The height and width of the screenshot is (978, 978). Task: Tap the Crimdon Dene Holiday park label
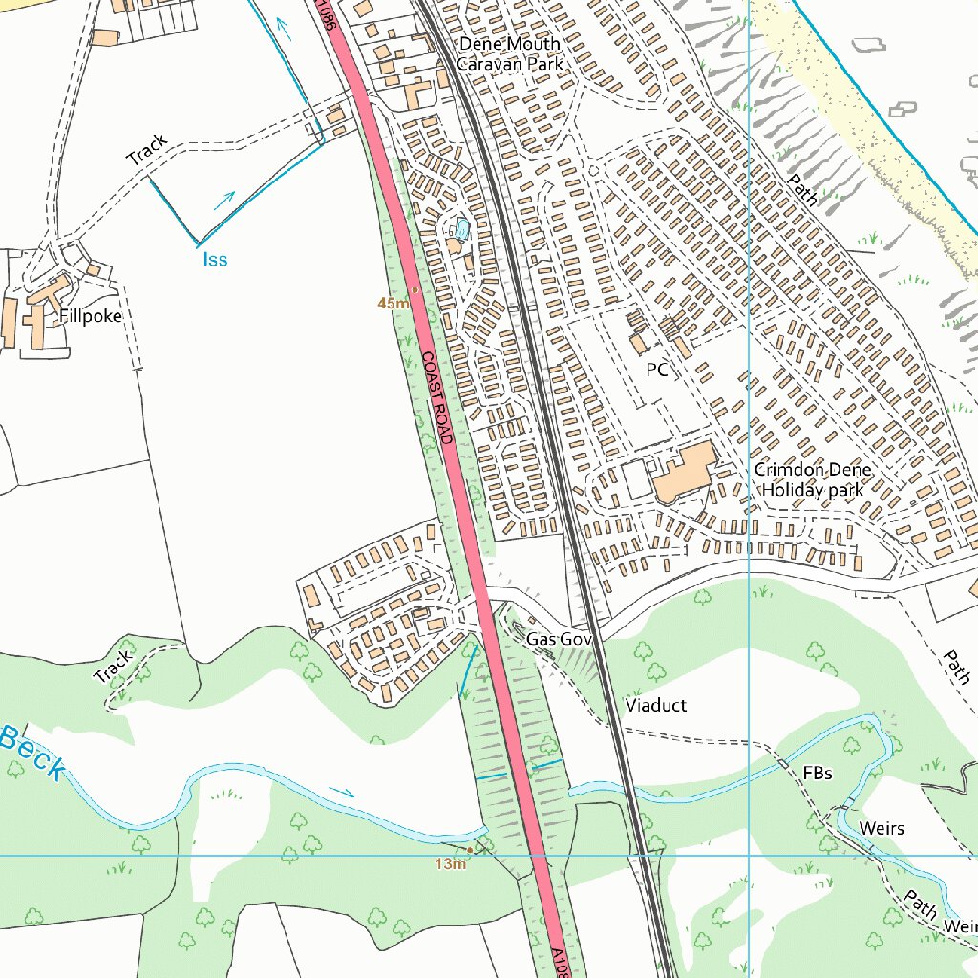[x=812, y=479]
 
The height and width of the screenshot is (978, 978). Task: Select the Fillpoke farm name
[x=91, y=316]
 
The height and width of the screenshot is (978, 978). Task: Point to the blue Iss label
[x=215, y=259]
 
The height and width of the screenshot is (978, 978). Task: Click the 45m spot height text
[x=393, y=303]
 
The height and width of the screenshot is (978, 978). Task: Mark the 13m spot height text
[x=450, y=864]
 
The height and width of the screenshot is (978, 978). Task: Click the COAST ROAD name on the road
[x=435, y=397]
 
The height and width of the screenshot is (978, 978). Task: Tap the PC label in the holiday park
[x=656, y=370]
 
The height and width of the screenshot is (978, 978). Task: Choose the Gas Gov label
[x=560, y=638]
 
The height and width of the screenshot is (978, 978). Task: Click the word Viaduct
[x=656, y=706]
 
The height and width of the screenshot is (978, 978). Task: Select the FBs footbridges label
[x=817, y=773]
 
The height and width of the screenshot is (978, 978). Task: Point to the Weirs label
[x=881, y=827]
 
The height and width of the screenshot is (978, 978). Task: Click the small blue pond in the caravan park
[x=462, y=229]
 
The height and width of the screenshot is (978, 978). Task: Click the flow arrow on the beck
[x=341, y=792]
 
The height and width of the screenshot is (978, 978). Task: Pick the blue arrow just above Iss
[x=224, y=200]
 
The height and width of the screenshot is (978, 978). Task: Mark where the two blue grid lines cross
[x=749, y=855]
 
